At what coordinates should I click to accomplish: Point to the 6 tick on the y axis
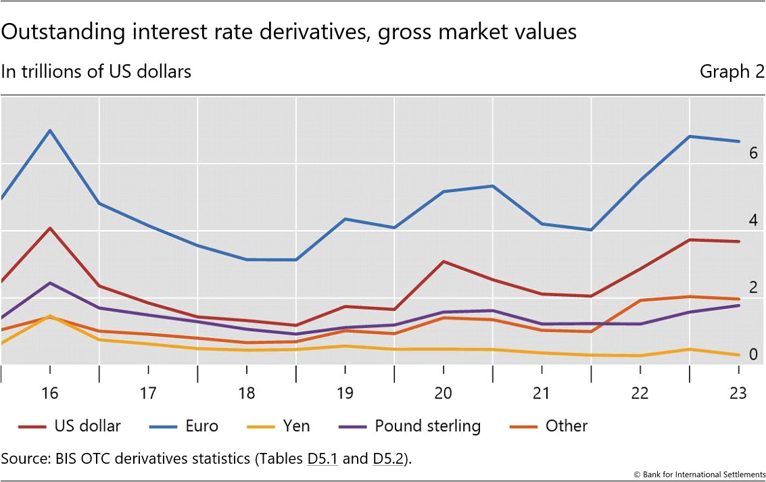coord(752,153)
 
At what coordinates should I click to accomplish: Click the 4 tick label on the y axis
coord(752,220)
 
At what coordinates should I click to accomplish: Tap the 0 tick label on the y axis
coord(752,355)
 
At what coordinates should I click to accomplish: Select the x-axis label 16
coord(49,393)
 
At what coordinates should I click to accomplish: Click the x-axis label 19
coord(345,393)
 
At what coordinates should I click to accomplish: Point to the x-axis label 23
coord(738,393)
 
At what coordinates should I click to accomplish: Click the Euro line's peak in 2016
coord(50,130)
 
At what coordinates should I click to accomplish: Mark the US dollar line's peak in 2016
coord(50,228)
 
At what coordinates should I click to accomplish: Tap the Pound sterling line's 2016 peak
coord(50,283)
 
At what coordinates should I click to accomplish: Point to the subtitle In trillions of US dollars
coord(96,71)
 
